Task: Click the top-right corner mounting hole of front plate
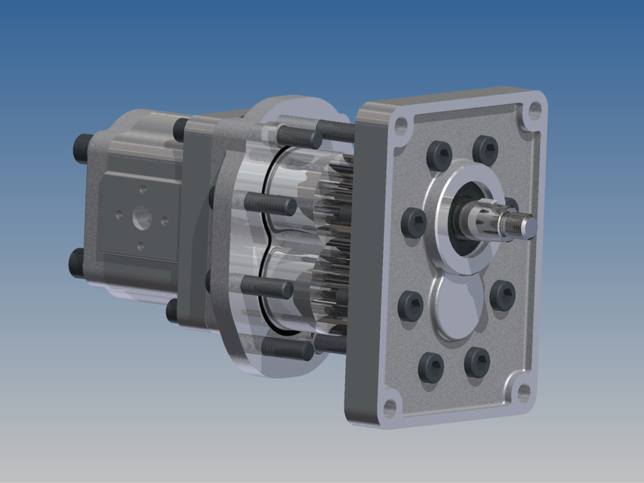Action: (x=535, y=110)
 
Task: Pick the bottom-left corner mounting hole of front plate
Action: (x=390, y=408)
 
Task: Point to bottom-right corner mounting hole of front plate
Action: (x=520, y=392)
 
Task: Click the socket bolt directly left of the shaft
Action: (x=414, y=222)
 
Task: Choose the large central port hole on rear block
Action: (x=142, y=219)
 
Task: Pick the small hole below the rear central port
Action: (x=140, y=246)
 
